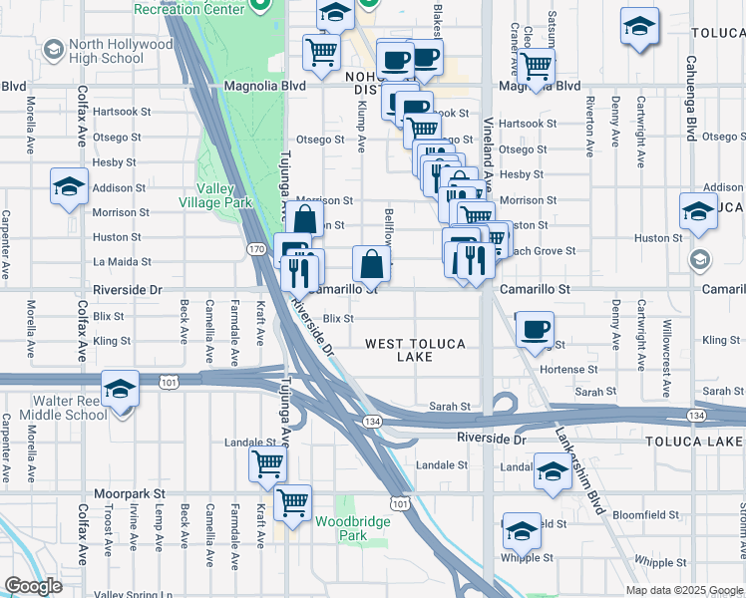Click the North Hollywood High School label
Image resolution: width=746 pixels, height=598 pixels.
108,51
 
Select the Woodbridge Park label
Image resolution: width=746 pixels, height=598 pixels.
341,528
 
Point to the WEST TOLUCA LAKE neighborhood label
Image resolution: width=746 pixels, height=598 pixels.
415,350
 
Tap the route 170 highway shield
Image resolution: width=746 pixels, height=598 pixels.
255,247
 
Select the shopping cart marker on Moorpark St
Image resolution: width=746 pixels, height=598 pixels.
292,502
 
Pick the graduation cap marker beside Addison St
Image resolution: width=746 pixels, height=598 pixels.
68,185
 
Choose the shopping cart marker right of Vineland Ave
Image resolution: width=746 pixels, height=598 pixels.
537,67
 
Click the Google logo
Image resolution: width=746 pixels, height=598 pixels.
33,586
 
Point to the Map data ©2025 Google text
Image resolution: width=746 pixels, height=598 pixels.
684,590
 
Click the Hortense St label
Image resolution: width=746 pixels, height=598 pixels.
566,369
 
